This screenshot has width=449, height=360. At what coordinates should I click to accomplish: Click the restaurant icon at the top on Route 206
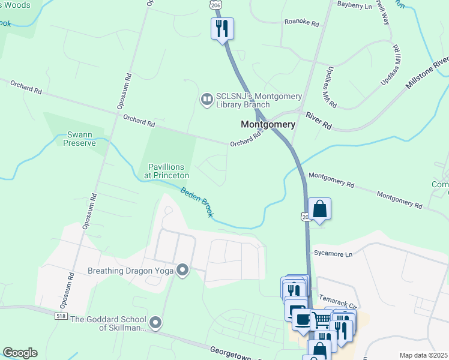[x=222, y=28]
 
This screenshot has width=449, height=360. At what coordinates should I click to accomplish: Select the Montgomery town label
[x=268, y=125]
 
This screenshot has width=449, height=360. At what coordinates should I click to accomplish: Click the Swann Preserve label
[x=80, y=139]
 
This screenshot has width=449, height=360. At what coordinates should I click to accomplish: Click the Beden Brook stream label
[x=196, y=202]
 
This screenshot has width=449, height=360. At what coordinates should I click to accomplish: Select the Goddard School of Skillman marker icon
[x=155, y=323]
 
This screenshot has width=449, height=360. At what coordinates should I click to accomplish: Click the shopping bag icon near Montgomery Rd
[x=320, y=209]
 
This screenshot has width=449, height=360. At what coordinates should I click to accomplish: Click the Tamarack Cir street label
[x=339, y=289]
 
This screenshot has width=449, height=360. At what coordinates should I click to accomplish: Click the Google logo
[x=19, y=353]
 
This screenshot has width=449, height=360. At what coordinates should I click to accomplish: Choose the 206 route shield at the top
[x=215, y=4]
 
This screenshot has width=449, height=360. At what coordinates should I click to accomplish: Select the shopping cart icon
[x=321, y=320]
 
